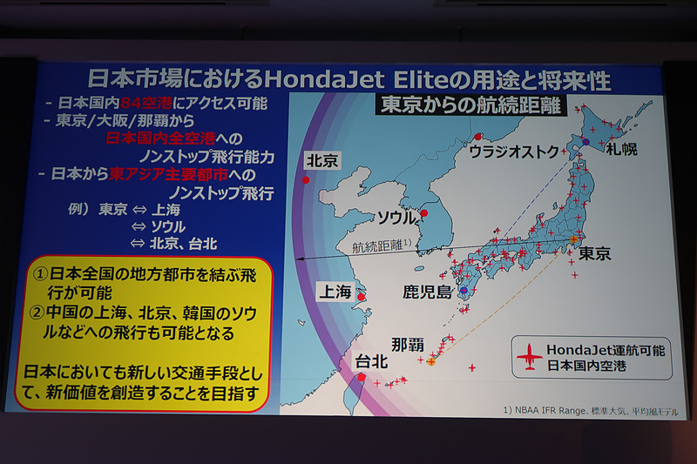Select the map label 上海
[x=335, y=293]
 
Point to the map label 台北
[x=371, y=360]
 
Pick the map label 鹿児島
[x=426, y=291]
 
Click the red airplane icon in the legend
[x=530, y=356]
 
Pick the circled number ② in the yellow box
[x=41, y=312]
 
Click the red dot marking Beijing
[x=305, y=180]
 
